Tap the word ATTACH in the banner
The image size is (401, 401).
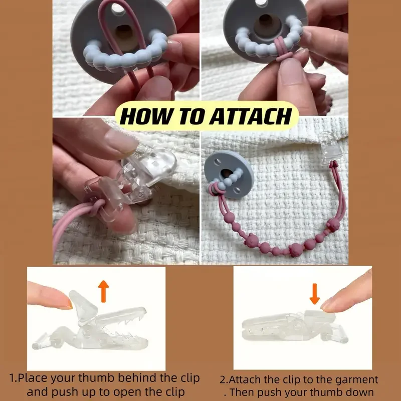251,116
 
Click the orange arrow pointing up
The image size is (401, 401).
103,291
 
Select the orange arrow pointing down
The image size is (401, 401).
315,294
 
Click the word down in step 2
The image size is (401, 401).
361,392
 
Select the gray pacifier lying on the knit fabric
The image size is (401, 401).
229,174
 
